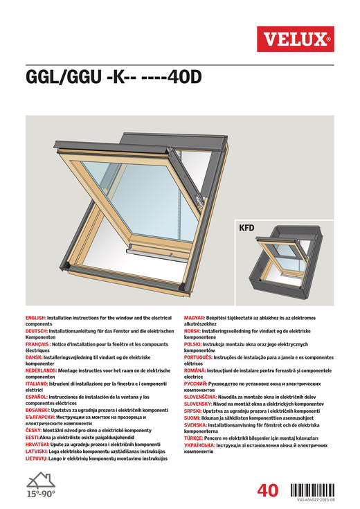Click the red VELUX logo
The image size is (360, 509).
tap(295, 39)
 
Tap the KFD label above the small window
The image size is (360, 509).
tap(246, 226)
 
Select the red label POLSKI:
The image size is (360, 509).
tap(196, 344)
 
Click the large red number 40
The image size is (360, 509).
tap(267, 490)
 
